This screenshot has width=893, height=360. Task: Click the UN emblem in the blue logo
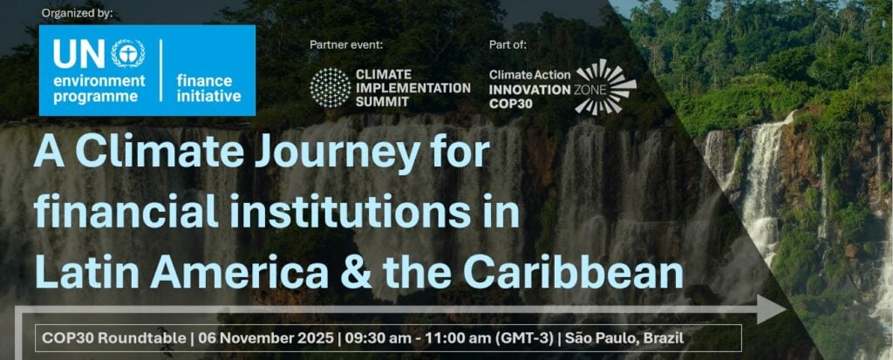(127, 53)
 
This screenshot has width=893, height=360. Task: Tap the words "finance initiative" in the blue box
(208, 88)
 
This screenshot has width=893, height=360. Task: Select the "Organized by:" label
(78, 13)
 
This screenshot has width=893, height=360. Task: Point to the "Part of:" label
(508, 45)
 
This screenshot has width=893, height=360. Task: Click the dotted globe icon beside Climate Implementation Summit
(331, 88)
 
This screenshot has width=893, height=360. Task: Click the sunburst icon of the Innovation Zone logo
(606, 87)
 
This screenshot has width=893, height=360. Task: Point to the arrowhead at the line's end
(772, 309)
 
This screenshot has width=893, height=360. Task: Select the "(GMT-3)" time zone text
(525, 338)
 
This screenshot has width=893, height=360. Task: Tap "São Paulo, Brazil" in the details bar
(624, 338)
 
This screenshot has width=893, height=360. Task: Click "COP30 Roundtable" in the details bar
(114, 338)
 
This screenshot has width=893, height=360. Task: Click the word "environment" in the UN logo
(99, 81)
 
